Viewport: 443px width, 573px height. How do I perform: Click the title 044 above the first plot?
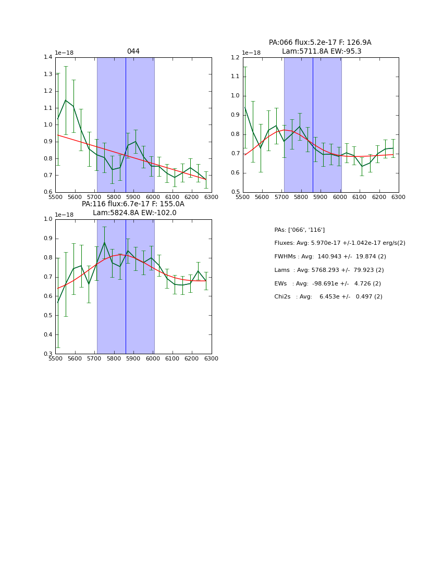133,52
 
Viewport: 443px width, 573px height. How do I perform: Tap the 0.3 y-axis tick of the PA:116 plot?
48,354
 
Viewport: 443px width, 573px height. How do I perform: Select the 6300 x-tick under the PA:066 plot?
398,197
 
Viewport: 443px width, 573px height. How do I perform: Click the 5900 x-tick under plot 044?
133,197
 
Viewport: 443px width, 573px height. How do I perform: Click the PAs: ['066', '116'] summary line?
300,230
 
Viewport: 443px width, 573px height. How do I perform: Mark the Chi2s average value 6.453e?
330,297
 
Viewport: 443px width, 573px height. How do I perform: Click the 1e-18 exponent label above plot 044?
64,53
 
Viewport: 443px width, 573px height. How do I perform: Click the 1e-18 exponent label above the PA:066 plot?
252,53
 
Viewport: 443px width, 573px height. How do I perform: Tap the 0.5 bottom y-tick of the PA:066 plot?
236,192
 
